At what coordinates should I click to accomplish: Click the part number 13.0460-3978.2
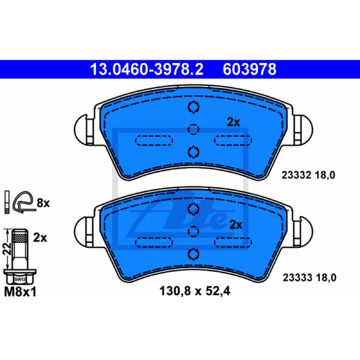click(x=147, y=69)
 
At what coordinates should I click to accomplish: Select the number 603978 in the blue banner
click(x=249, y=69)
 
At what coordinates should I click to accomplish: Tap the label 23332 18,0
click(x=308, y=175)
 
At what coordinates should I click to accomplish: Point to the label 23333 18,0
click(x=310, y=278)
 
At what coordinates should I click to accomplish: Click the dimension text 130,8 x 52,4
click(x=195, y=291)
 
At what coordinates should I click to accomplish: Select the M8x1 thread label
click(x=20, y=292)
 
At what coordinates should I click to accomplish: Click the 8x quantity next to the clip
click(x=43, y=203)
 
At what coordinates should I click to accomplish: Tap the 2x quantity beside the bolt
click(x=40, y=238)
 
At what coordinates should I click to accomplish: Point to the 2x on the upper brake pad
click(x=233, y=122)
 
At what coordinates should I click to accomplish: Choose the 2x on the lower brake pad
click(x=236, y=225)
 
